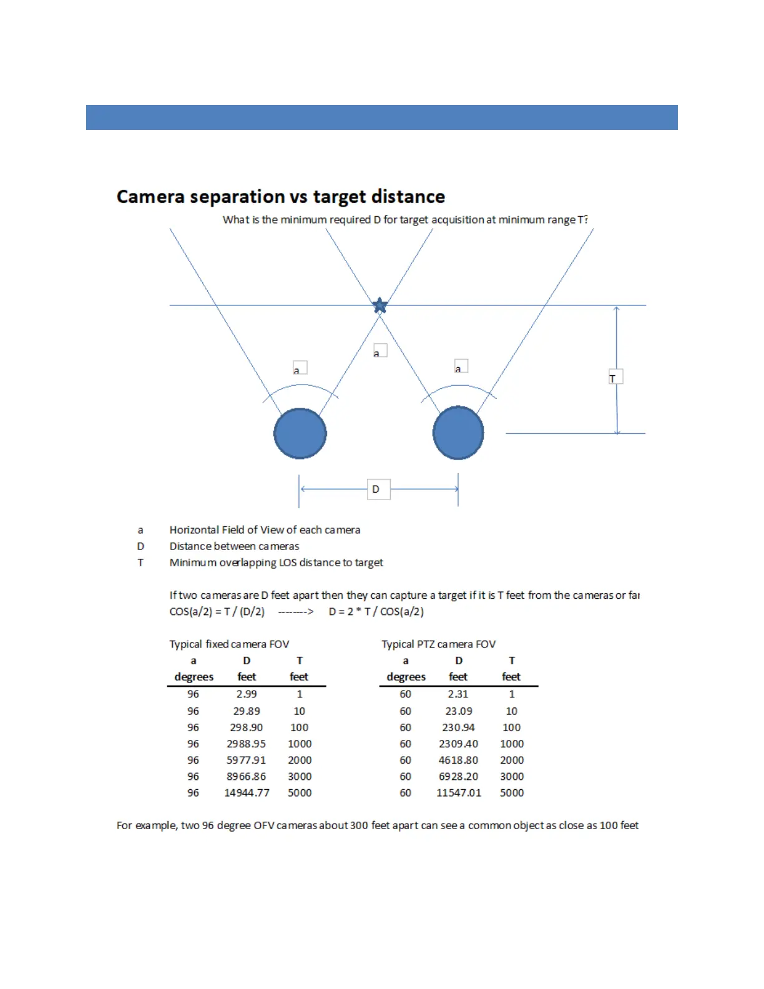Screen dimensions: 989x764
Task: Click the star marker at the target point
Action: point(380,305)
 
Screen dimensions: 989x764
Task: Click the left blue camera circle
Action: point(300,433)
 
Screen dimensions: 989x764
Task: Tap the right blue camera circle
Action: point(458,433)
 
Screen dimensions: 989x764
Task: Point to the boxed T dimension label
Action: point(615,377)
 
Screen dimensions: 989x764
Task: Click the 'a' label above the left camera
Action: point(300,368)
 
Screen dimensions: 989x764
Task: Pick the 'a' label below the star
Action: point(380,351)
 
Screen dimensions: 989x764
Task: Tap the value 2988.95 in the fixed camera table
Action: point(246,744)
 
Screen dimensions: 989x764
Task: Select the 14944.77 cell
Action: point(247,793)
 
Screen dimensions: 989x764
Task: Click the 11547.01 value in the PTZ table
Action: point(459,793)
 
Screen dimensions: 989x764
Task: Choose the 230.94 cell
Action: point(458,727)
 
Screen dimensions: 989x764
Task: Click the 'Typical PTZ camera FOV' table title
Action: point(438,644)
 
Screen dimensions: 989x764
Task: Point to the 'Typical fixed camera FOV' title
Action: point(229,644)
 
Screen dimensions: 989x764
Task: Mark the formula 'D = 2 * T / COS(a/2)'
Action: point(376,612)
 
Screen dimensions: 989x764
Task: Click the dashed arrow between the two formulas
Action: point(296,612)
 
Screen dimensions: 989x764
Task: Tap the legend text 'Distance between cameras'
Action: point(234,546)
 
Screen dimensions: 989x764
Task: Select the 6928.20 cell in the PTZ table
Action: point(458,777)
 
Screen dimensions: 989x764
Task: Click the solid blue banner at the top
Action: point(381,117)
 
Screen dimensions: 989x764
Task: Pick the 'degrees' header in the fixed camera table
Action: point(193,677)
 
